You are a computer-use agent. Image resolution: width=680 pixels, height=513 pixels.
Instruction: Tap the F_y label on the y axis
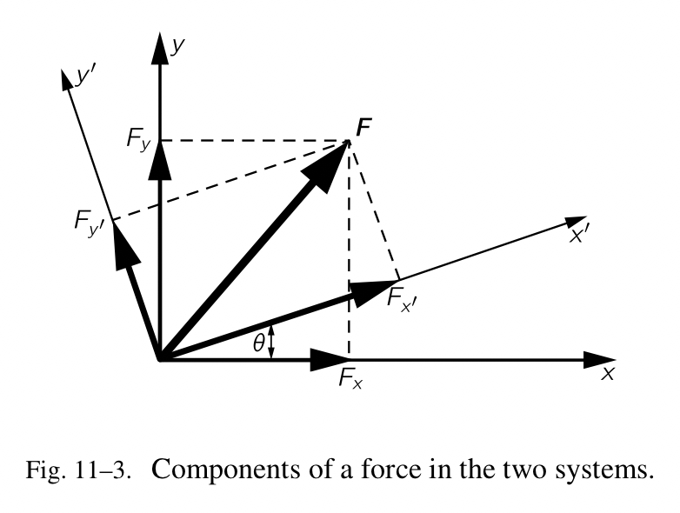pyautogui.click(x=139, y=138)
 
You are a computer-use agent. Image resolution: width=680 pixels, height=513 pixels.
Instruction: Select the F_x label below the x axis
pyautogui.click(x=351, y=380)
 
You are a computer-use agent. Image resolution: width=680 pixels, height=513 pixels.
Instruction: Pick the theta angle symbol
pyautogui.click(x=258, y=343)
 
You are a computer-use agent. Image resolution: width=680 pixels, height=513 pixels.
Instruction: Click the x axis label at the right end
pyautogui.click(x=608, y=374)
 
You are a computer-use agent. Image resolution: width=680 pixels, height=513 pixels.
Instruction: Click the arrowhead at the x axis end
pyautogui.click(x=598, y=358)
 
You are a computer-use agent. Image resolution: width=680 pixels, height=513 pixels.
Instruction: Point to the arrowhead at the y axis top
pyautogui.click(x=159, y=47)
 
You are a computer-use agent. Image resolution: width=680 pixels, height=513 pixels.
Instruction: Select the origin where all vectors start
pyautogui.click(x=159, y=358)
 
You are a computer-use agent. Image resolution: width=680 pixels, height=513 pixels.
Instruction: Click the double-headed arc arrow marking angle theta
pyautogui.click(x=273, y=341)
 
